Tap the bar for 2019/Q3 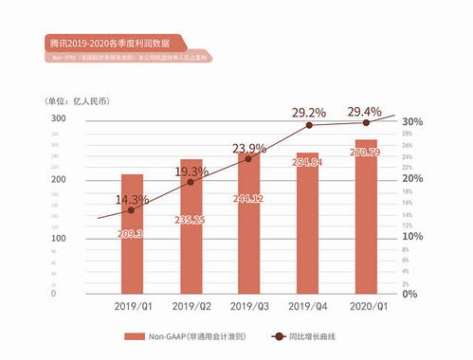click(x=248, y=223)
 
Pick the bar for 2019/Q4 click(x=307, y=222)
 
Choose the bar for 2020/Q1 click(x=365, y=216)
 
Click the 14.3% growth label click(x=132, y=200)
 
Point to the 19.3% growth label click(x=191, y=171)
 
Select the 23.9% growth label click(x=248, y=148)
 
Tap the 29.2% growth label click(x=307, y=112)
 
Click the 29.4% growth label click(x=365, y=112)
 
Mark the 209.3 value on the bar click(x=132, y=233)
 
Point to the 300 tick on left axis click(x=58, y=119)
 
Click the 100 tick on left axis click(x=58, y=237)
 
